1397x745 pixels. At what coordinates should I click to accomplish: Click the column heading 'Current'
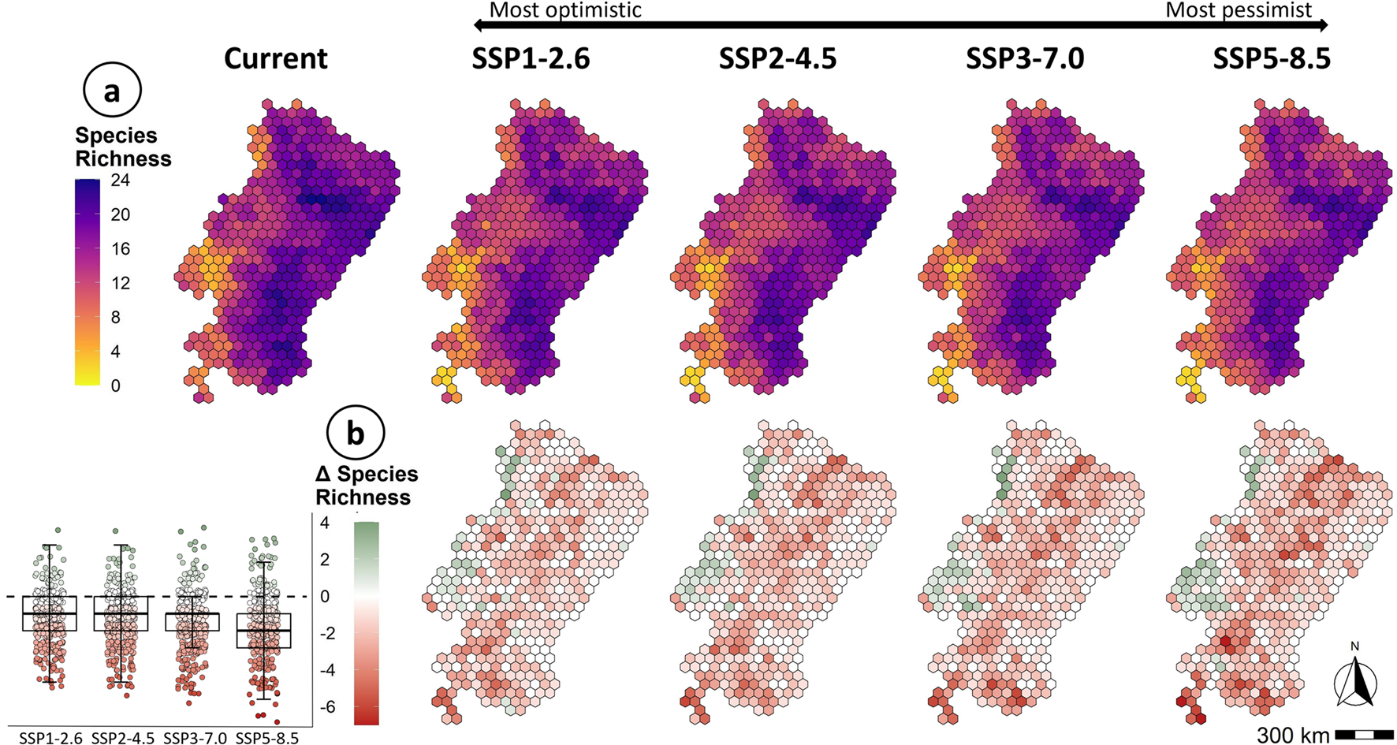point(275,59)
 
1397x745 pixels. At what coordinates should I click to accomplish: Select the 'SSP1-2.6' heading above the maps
point(531,59)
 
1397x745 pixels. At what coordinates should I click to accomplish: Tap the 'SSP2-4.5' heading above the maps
point(777,59)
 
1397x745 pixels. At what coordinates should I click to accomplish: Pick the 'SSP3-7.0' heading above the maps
point(1025,59)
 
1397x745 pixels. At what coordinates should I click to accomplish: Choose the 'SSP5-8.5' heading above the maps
point(1272,59)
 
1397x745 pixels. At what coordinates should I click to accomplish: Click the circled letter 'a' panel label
point(112,91)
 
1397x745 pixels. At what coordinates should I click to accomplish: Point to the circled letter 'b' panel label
point(356,433)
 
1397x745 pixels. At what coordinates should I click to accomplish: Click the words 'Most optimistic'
point(565,10)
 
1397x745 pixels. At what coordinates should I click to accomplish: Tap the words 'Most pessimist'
point(1239,10)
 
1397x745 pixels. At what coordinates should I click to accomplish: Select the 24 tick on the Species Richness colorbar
point(120,181)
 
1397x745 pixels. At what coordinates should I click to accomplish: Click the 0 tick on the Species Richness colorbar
point(116,386)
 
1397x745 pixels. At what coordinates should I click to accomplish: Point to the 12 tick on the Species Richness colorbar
point(120,283)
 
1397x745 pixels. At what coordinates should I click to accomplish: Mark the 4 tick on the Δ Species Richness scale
point(324,523)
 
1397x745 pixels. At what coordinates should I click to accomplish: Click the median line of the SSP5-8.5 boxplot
point(264,631)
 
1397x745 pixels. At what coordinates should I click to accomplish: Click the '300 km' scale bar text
point(1293,735)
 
